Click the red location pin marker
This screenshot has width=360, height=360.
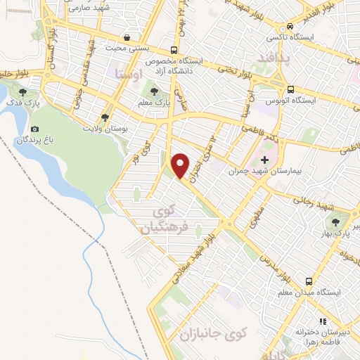[181, 165]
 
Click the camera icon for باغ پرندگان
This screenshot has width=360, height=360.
[35, 129]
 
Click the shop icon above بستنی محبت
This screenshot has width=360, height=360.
[126, 37]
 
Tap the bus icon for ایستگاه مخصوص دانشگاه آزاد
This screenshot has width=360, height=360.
[174, 50]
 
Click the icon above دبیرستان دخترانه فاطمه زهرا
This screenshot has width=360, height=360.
[323, 321]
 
